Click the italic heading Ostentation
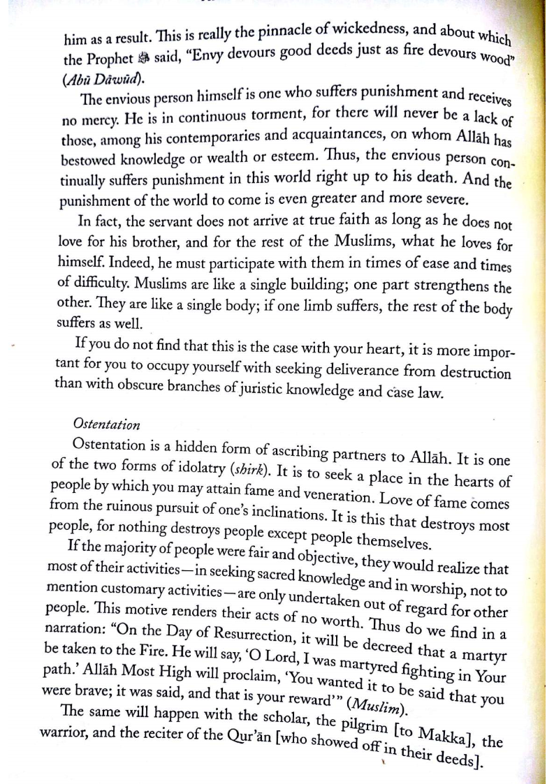(106, 424)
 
